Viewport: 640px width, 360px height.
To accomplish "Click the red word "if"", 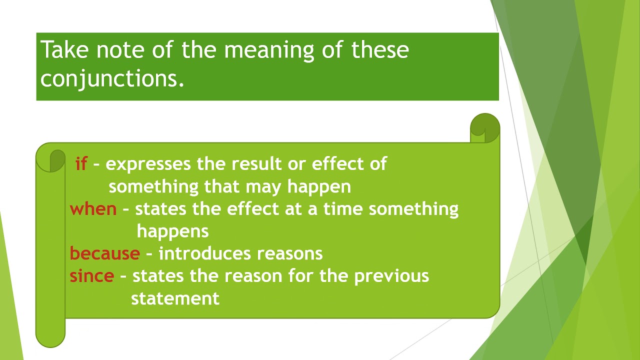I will tap(81, 164).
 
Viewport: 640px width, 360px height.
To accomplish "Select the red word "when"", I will tap(93, 209).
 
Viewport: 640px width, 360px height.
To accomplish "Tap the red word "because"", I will tap(104, 253).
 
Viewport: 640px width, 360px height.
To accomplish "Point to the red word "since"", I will tap(91, 276).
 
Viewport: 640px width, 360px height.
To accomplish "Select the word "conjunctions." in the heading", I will tap(112, 78).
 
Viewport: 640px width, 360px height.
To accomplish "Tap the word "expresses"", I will tap(148, 164).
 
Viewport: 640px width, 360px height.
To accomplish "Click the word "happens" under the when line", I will tap(172, 231).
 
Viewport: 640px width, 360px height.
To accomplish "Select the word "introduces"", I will tap(205, 253).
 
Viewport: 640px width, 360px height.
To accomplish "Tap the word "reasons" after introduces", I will tap(289, 254).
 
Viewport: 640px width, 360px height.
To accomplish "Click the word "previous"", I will tap(391, 276).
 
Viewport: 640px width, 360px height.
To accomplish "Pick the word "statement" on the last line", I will tap(175, 298).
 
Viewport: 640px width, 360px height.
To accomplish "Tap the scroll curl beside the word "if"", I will tap(57, 160).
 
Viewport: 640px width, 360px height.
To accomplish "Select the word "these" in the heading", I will tap(380, 50).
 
